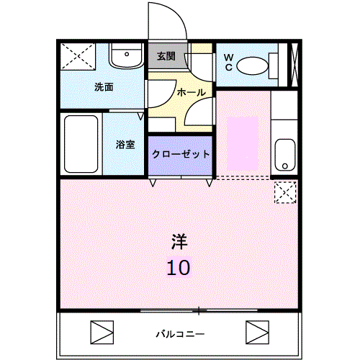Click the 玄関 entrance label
click(166, 56)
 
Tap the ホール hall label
click(192, 92)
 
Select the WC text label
click(229, 63)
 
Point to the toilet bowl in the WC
click(253, 66)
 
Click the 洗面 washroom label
click(104, 87)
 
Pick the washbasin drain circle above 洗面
click(127, 54)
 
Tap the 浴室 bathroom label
click(125, 145)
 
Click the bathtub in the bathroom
click(81, 144)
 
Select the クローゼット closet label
click(181, 154)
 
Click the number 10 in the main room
click(179, 268)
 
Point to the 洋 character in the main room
click(179, 241)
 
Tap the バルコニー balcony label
click(180, 334)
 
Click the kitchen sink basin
click(285, 155)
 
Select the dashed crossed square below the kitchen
click(285, 192)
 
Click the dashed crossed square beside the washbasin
click(78, 57)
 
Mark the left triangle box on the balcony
click(102, 332)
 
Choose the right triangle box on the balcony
click(257, 332)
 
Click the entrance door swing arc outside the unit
click(179, 14)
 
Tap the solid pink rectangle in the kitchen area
click(243, 143)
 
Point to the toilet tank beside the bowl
click(274, 66)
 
